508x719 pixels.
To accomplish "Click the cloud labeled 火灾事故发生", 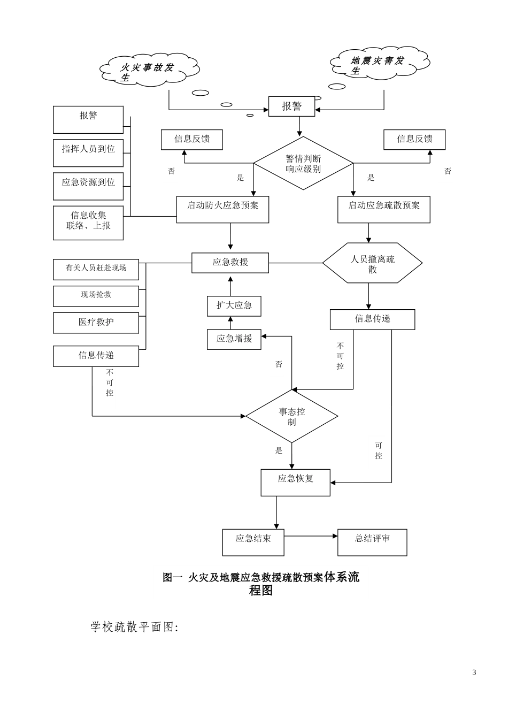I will tap(149, 69).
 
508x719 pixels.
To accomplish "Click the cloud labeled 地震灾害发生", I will tap(380, 64).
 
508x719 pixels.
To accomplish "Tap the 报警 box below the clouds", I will tap(291, 106).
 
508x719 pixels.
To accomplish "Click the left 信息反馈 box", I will tap(192, 140).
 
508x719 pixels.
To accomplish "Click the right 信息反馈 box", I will tap(414, 140).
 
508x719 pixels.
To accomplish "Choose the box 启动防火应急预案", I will tap(222, 209).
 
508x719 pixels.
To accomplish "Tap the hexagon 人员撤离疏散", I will tap(372, 263).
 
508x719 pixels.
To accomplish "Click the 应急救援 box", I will tap(230, 262).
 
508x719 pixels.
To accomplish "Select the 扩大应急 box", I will tap(234, 306).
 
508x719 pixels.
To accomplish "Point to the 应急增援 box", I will tap(234, 339).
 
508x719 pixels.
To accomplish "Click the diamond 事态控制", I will tap(291, 416).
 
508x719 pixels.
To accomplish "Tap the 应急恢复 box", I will tap(295, 482).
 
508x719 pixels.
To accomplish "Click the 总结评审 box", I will tap(372, 542).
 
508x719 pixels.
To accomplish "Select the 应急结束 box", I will tap(253, 542).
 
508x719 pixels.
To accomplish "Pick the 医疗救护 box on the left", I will tap(96, 323).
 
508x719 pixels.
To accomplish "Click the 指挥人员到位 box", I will tap(88, 152).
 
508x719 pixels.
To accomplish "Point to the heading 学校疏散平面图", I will tap(134, 627).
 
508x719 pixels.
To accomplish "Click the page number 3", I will tap(474, 672).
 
